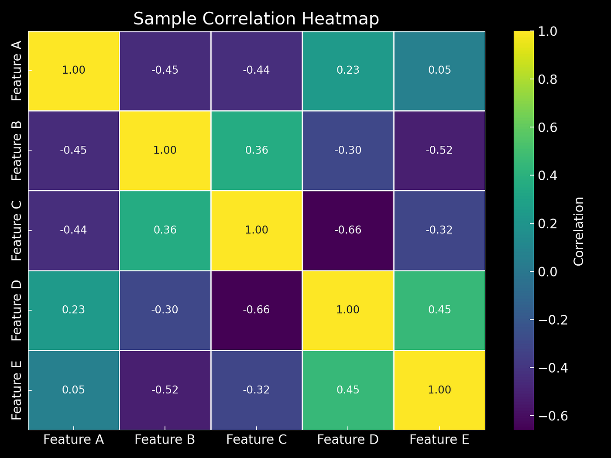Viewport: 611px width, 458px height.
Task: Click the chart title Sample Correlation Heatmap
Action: pos(256,19)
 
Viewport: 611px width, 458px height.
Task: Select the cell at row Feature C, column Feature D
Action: pos(348,230)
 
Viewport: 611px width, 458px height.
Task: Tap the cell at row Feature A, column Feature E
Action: pos(439,71)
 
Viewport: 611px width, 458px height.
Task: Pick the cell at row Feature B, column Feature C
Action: pos(257,150)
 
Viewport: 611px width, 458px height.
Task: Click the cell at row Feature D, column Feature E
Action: pos(439,310)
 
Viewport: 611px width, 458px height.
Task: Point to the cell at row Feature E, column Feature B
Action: pos(165,390)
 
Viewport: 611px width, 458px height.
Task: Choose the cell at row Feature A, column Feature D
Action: pos(348,71)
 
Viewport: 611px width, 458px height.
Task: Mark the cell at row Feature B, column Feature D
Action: pos(348,150)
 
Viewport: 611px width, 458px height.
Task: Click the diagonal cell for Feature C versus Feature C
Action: pos(257,230)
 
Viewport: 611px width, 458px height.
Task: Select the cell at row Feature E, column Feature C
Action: pos(257,390)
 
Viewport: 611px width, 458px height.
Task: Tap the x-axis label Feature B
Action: pos(165,439)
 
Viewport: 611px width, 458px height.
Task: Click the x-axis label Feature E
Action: pos(439,439)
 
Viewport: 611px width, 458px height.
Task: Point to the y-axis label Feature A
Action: pos(17,71)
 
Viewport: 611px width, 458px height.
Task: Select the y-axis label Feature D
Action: pos(17,310)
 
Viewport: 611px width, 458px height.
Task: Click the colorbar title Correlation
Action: pos(579,231)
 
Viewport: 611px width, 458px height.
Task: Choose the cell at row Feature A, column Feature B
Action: pos(165,71)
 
